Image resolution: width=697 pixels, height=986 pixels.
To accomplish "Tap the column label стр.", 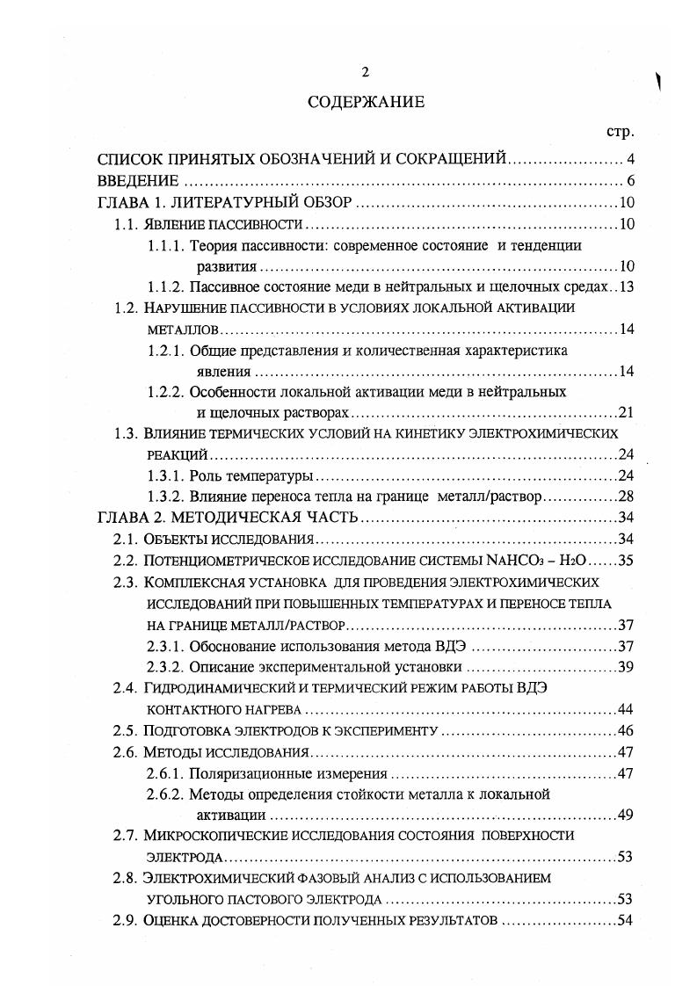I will pyautogui.click(x=621, y=132).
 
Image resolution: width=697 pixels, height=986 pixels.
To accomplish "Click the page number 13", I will pyautogui.click(x=626, y=286).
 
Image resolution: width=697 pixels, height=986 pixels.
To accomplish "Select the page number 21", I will pyautogui.click(x=626, y=411).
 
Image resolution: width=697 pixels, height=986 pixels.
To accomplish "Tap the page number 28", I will pyautogui.click(x=626, y=495).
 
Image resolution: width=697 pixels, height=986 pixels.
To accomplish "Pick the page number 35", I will pyautogui.click(x=626, y=560).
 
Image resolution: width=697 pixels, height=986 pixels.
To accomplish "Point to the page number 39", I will pyautogui.click(x=626, y=665).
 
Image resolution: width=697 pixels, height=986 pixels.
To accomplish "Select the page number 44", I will pyautogui.click(x=626, y=708).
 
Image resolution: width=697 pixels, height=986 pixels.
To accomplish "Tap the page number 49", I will pyautogui.click(x=626, y=815).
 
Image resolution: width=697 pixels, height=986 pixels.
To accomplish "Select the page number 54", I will pyautogui.click(x=626, y=920).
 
